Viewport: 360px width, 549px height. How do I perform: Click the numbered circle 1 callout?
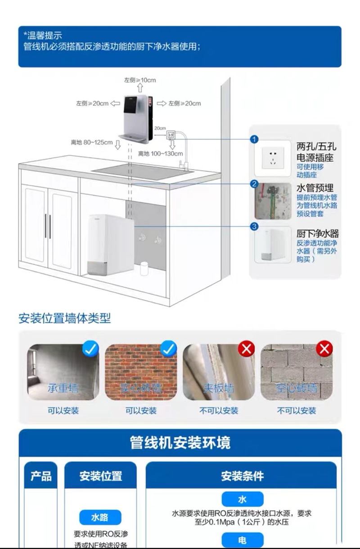click(x=254, y=139)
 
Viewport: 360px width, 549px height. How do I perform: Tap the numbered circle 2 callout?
click(x=254, y=184)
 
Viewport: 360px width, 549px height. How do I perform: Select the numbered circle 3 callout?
click(x=254, y=227)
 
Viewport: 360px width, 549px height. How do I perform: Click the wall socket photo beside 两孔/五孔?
click(x=271, y=158)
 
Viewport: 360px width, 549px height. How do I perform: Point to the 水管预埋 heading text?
click(x=315, y=187)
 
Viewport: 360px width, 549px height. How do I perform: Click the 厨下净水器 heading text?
click(x=317, y=234)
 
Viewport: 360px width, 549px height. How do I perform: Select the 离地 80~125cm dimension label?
click(x=92, y=143)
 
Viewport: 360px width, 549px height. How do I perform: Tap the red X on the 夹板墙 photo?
click(x=246, y=348)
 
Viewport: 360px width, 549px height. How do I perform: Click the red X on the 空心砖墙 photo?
click(x=324, y=348)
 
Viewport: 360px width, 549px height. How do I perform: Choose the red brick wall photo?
click(x=141, y=372)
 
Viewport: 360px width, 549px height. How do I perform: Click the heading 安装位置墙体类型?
click(x=64, y=319)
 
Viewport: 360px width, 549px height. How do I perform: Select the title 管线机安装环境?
click(x=180, y=442)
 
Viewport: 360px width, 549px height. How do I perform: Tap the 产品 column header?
click(x=41, y=476)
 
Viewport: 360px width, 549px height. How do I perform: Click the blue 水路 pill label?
click(x=100, y=518)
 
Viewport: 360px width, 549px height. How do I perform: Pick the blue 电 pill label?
click(x=242, y=540)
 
